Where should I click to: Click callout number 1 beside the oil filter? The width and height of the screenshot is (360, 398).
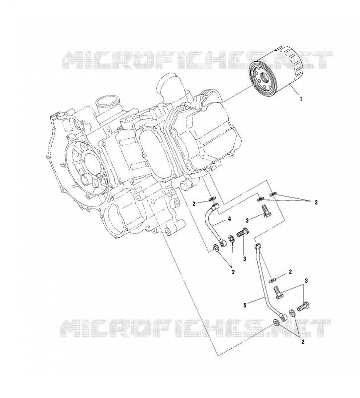point(301,99)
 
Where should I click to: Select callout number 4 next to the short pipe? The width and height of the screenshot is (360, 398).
point(229,218)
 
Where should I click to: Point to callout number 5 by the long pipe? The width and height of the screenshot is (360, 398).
point(245,305)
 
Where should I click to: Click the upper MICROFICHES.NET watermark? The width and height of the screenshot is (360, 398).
point(197,60)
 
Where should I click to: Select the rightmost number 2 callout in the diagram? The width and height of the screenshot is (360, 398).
point(316,202)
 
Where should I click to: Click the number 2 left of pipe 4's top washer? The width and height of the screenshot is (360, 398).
point(194,203)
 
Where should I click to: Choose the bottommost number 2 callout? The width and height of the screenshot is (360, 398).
point(303,342)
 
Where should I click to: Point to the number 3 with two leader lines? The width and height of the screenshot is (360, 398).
point(306,281)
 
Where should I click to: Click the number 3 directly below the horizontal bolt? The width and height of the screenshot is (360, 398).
point(245,259)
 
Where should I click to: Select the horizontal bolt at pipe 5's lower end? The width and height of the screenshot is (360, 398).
point(304,306)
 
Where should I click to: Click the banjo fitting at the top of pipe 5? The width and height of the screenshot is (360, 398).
point(258,245)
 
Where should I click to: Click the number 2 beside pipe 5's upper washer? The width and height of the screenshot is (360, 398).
point(290,272)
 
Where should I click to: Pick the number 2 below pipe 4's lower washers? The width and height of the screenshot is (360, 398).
point(233,272)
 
